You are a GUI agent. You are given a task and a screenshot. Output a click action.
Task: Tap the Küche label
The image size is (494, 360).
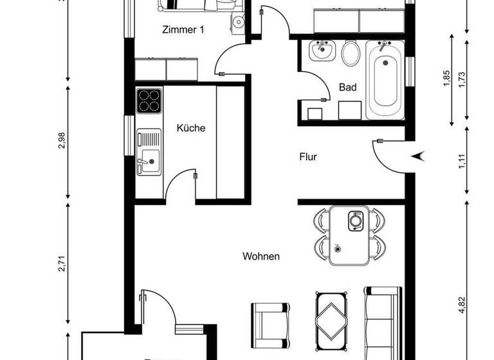[x=191, y=128]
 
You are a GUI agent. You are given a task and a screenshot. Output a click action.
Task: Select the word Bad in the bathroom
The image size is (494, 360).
[x=347, y=87]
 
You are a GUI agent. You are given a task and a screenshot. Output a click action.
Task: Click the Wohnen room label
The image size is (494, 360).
[x=261, y=256]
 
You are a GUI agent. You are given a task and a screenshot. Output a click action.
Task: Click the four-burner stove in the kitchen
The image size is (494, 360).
[x=149, y=100]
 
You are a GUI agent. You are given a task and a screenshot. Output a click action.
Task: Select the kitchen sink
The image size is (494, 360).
[x=149, y=154]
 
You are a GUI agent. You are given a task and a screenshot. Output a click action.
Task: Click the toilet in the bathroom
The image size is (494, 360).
[x=351, y=53]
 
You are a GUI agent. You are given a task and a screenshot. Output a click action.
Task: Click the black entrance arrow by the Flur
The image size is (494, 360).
[x=418, y=155]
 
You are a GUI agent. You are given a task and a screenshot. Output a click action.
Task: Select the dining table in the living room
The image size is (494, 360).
[x=350, y=235]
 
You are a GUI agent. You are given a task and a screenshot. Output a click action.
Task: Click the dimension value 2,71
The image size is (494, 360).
[x=62, y=264]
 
